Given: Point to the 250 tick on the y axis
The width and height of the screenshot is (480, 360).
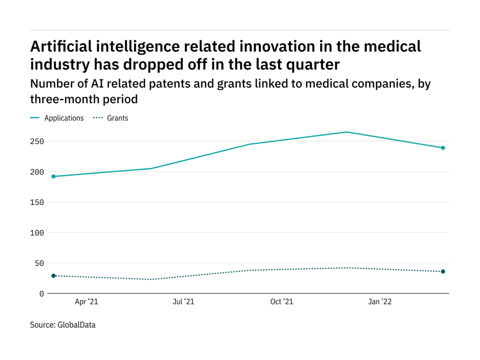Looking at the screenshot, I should click(38, 142).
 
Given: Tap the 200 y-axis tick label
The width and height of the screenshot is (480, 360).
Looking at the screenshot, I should click(38, 172).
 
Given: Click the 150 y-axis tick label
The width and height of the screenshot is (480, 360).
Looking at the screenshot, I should click(38, 202).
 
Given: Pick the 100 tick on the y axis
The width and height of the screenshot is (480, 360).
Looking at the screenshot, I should click(38, 233).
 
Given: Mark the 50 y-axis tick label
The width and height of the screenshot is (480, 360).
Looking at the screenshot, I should click(40, 263).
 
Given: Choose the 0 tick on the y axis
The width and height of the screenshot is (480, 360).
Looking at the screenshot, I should click(42, 294).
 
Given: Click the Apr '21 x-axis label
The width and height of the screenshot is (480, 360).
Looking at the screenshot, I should click(87, 302).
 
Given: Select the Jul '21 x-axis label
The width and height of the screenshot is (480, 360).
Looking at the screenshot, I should click(183, 302).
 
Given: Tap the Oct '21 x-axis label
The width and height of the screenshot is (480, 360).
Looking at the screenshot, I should click(282, 302).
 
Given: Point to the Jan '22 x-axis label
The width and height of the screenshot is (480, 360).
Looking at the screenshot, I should click(380, 302).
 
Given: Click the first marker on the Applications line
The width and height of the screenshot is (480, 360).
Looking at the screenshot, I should click(53, 176).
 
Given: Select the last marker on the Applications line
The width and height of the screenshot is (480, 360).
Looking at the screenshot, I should click(442, 148).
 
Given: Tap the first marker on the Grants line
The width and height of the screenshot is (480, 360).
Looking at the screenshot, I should click(53, 276).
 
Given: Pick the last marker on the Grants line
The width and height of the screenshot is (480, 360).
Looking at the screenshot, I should click(442, 271).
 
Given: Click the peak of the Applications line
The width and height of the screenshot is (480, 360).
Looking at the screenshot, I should click(347, 132).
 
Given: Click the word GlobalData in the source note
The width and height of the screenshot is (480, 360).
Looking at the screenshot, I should click(76, 324).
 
